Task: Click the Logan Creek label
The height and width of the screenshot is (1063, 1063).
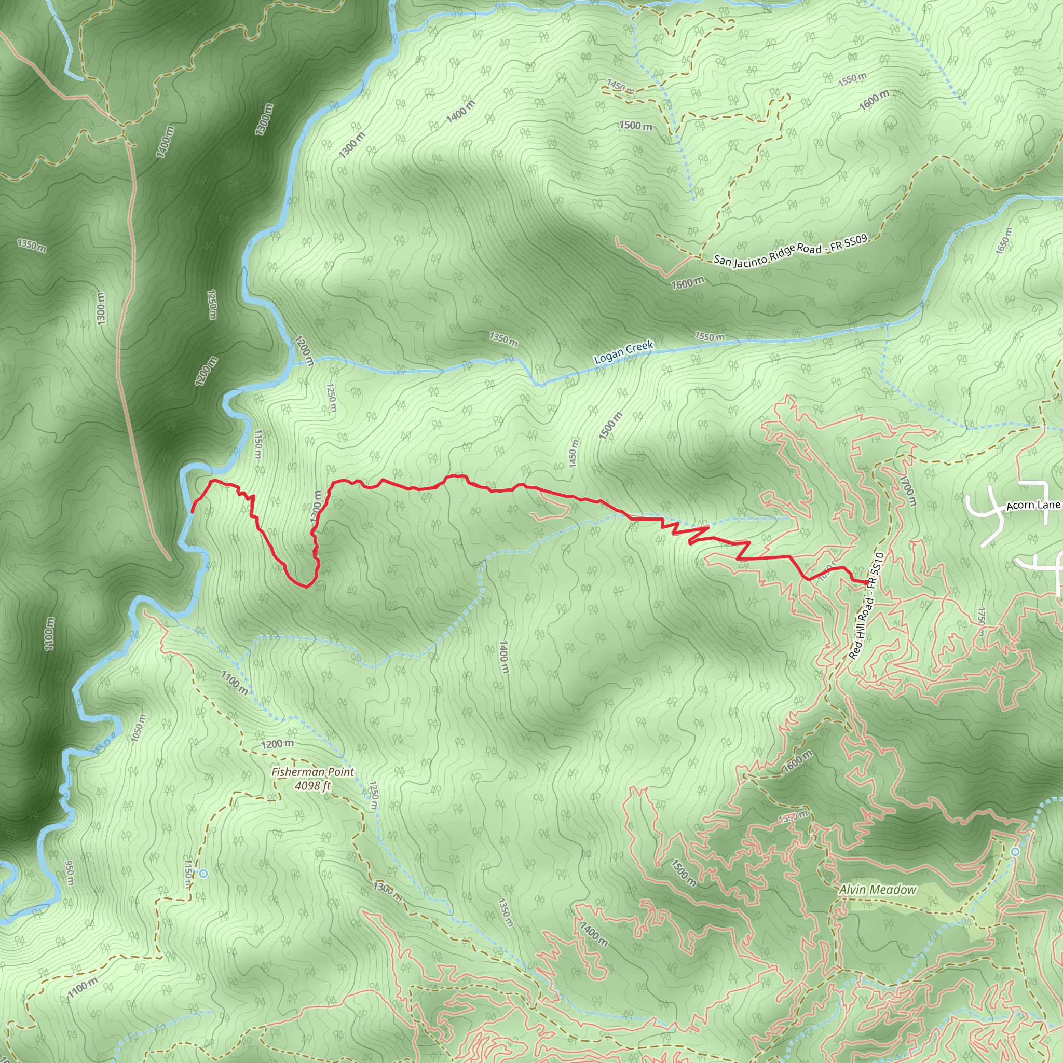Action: coord(623,352)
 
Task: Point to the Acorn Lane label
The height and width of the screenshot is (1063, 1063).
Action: coord(1033,505)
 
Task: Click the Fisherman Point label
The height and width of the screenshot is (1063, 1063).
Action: coord(312,772)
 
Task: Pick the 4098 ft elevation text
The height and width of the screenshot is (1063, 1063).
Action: coord(312,786)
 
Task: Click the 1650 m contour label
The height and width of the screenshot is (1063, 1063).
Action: coord(1004,241)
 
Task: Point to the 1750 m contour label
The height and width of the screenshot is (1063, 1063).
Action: coord(981,622)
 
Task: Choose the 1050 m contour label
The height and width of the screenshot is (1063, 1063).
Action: coord(139,728)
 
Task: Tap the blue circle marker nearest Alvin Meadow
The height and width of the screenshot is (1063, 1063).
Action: coord(1015,852)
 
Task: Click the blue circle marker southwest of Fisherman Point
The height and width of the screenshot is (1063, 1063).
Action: coord(203,873)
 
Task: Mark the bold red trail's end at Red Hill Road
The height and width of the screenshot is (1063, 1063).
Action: coord(867,582)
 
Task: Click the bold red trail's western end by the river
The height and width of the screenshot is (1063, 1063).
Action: coord(192,512)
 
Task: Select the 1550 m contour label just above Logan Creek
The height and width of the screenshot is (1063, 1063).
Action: coord(709,336)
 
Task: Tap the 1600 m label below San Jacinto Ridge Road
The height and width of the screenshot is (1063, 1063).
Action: coord(687,283)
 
